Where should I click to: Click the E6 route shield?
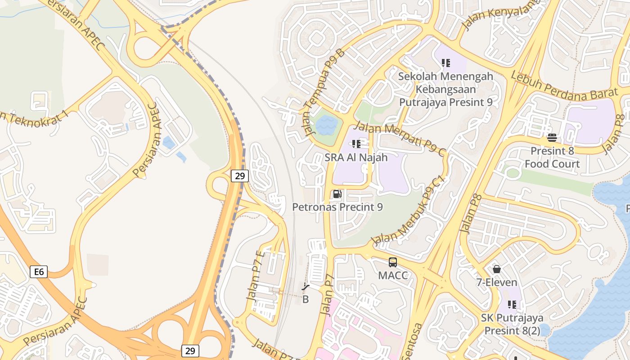tap(39, 271)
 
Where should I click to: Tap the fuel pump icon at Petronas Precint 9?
tap(337, 194)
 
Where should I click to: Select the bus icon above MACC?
tap(393, 262)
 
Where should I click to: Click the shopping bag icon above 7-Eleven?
tap(497, 269)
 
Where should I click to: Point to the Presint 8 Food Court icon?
tap(552, 138)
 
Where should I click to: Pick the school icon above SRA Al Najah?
tap(356, 144)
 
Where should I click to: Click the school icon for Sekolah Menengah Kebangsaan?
tap(446, 63)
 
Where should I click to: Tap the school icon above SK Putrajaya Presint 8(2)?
tap(512, 305)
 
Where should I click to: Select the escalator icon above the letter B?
tap(306, 286)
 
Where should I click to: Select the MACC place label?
tap(393, 275)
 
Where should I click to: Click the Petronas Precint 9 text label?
tap(337, 207)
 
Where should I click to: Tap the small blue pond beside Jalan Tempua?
tap(326, 126)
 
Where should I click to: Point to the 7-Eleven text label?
tap(497, 283)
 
